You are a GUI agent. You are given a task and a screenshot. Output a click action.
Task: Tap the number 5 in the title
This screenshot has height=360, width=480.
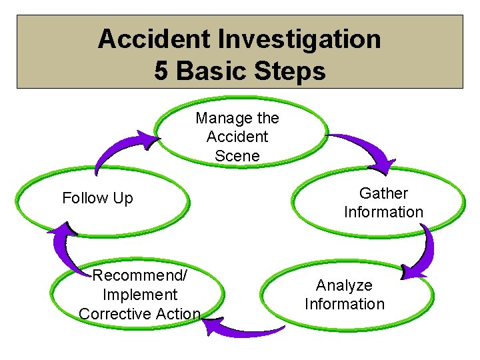point(161,70)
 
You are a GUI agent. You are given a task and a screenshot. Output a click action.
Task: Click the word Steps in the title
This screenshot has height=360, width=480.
point(288,70)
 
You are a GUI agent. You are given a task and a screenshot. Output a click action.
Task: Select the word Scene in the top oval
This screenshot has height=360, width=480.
point(237,156)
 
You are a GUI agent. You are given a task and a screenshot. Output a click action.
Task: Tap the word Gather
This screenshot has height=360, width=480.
point(383,193)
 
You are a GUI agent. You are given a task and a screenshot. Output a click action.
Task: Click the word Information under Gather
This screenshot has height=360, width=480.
point(383,212)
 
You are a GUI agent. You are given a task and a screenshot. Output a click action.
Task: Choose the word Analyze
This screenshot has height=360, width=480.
point(344,285)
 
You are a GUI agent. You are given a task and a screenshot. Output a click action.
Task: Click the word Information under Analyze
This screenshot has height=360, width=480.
point(344,304)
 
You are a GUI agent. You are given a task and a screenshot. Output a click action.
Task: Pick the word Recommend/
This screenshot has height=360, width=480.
point(140,275)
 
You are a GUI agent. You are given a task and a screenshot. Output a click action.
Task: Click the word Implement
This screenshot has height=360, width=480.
point(140,295)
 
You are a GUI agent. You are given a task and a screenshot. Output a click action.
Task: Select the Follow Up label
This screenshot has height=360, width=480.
point(97,198)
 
